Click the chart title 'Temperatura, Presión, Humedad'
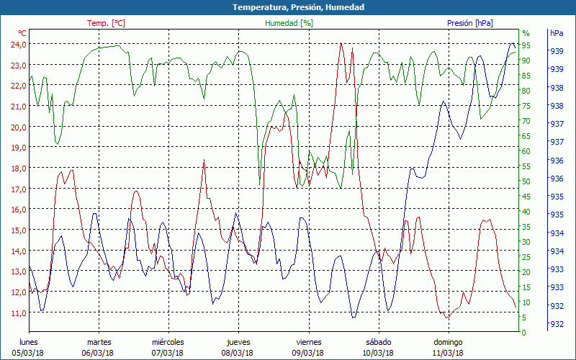[288, 7]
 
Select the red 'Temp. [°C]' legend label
[106, 23]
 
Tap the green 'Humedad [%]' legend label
[289, 23]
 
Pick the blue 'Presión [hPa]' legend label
[470, 23]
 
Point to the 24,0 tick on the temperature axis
[17, 44]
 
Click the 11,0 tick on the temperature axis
[17, 312]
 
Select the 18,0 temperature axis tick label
[17, 168]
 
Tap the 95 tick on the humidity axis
[526, 45]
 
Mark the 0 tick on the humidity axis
[524, 333]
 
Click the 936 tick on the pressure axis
[556, 178]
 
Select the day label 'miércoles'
[168, 342]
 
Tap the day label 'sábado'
[378, 342]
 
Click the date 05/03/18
[28, 353]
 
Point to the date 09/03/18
[308, 353]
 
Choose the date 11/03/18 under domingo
[448, 353]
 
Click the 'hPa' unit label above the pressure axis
[557, 33]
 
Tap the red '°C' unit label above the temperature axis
[22, 33]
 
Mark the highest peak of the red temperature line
[341, 43]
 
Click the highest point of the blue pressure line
[512, 44]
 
